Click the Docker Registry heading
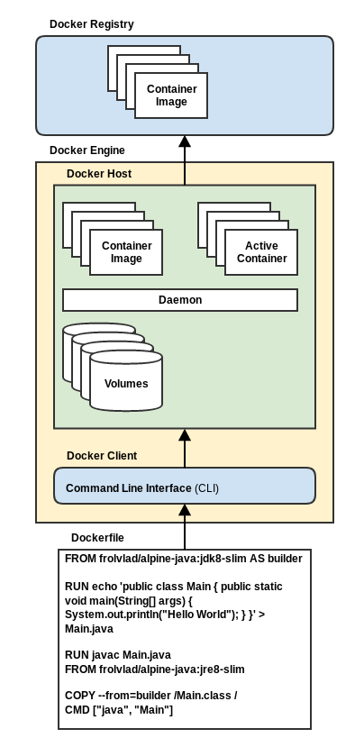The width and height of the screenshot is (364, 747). [92, 23]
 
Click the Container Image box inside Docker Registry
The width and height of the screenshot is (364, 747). [171, 96]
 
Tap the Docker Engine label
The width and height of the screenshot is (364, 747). [87, 150]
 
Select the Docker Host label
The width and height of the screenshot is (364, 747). [99, 173]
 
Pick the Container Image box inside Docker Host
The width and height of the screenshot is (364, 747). [126, 252]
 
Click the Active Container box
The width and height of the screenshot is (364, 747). [261, 252]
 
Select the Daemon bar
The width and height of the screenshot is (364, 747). [180, 300]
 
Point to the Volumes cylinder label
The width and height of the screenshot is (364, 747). [126, 384]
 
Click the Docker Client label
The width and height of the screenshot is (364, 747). [102, 456]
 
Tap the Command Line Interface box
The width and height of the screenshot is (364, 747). [185, 486]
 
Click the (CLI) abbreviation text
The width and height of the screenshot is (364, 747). [206, 488]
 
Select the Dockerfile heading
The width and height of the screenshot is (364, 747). [97, 538]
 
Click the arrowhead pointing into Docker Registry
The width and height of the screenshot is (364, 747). [185, 141]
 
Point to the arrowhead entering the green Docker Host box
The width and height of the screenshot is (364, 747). [185, 434]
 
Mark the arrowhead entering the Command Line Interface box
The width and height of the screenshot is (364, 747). [185, 510]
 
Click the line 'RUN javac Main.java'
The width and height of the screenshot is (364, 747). [118, 655]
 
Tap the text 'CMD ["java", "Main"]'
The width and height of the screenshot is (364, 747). [119, 710]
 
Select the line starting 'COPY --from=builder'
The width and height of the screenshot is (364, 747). [151, 696]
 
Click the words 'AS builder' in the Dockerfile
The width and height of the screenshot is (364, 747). [276, 559]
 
